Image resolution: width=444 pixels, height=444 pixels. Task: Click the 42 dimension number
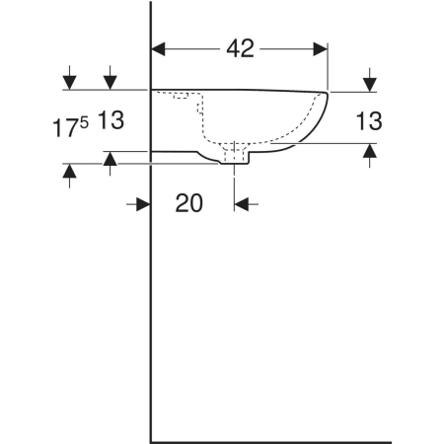240,49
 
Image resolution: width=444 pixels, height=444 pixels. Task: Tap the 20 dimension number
188,203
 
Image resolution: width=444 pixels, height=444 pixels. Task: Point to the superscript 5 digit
84,123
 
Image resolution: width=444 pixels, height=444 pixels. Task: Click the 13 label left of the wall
111,119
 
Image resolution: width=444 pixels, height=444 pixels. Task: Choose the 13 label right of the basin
369,120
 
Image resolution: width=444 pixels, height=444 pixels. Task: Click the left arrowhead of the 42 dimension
158,49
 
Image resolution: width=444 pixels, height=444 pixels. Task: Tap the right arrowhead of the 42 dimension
321,49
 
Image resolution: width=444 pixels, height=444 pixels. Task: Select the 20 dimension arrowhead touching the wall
143,204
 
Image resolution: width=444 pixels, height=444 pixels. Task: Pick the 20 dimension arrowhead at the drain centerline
242,204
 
